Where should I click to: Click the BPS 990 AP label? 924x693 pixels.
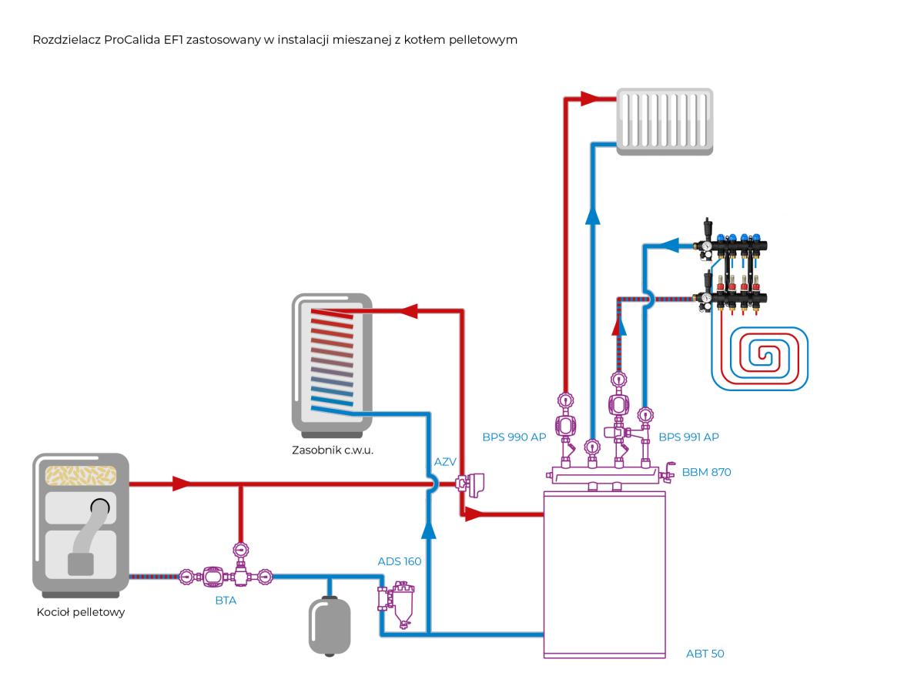click(514, 437)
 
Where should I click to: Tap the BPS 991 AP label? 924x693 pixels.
click(688, 437)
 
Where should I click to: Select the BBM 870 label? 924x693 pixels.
click(706, 472)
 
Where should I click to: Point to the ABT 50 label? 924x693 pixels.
click(705, 654)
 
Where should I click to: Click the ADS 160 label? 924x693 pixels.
click(400, 561)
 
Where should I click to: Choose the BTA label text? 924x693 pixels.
click(226, 601)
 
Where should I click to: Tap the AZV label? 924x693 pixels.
click(445, 462)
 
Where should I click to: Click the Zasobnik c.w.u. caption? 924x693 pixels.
click(333, 450)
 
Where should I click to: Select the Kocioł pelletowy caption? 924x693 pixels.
click(81, 612)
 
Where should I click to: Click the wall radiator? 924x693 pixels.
click(665, 122)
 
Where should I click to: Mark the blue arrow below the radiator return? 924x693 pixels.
click(593, 216)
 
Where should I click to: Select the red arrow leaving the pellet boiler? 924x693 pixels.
click(182, 484)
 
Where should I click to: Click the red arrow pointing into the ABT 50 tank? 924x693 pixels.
click(474, 514)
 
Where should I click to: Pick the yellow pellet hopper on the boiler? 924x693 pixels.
click(80, 475)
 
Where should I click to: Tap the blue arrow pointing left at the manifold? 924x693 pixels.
click(670, 245)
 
